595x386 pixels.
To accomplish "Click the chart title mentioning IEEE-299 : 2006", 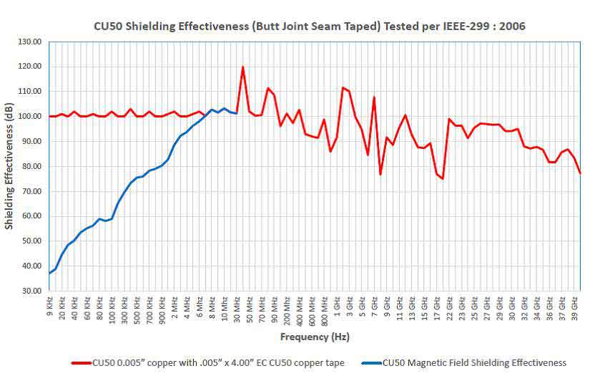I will point(310,26).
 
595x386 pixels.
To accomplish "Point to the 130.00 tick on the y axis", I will point(28,42).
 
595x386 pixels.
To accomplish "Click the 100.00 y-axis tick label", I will point(28,116).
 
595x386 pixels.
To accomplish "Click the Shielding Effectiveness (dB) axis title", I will point(9,166).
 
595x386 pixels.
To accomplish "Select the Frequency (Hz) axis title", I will point(315,337).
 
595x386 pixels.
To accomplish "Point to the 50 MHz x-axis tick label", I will point(250,309).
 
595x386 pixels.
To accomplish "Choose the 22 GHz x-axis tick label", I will point(449,308).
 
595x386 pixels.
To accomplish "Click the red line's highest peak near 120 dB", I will point(243,67).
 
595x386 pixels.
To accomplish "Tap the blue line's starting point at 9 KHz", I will point(49,274).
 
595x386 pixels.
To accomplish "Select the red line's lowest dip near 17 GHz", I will point(443,178).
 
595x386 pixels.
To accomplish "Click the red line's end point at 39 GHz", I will point(580,173).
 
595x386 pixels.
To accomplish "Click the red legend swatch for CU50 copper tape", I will point(81,363).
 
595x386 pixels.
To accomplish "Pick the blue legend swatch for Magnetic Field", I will point(370,363).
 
